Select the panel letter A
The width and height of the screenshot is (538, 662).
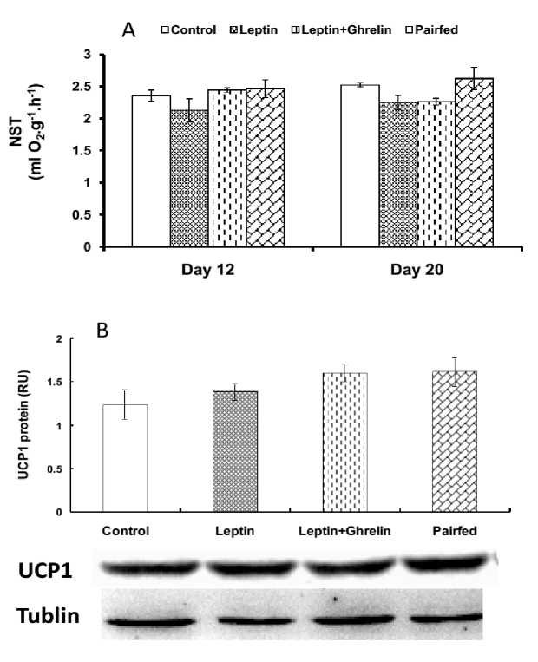(x=128, y=29)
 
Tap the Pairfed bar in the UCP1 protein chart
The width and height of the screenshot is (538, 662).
(x=453, y=442)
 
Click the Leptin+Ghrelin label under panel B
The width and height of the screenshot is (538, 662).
(x=344, y=530)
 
